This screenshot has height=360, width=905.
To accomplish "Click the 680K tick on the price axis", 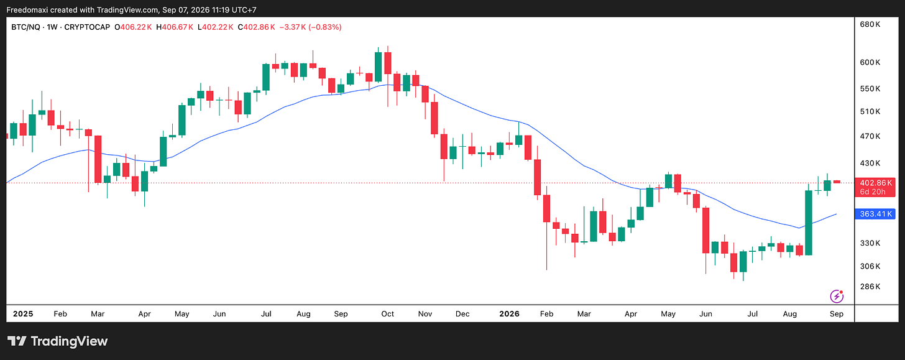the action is pyautogui.click(x=870, y=24).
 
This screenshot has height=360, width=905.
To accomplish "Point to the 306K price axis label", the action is pyautogui.click(x=870, y=266).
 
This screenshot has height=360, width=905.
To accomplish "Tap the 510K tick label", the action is pyautogui.click(x=870, y=111).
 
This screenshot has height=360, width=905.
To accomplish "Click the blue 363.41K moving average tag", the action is pyautogui.click(x=875, y=214).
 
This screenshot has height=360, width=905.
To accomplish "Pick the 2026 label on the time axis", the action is pyautogui.click(x=509, y=314).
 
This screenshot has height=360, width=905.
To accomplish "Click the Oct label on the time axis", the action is pyautogui.click(x=387, y=314).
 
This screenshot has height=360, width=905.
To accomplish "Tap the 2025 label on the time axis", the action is pyautogui.click(x=23, y=314).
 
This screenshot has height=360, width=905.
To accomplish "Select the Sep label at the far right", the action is pyautogui.click(x=837, y=314).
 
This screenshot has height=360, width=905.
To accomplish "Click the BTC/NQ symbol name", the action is pyautogui.click(x=25, y=27).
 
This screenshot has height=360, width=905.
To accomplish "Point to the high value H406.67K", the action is pyautogui.click(x=175, y=27).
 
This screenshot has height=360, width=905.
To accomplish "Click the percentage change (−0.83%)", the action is pyautogui.click(x=325, y=27).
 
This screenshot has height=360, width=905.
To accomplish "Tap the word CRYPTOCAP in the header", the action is pyautogui.click(x=87, y=27).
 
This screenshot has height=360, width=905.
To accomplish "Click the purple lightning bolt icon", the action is pyautogui.click(x=837, y=296).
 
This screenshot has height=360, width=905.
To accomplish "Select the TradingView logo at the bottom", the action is pyautogui.click(x=58, y=341).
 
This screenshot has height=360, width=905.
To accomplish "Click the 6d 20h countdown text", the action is pyautogui.click(x=872, y=192).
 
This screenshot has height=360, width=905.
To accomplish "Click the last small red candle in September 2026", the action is pyautogui.click(x=837, y=182).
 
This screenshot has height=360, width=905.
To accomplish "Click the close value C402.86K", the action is pyautogui.click(x=256, y=27).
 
